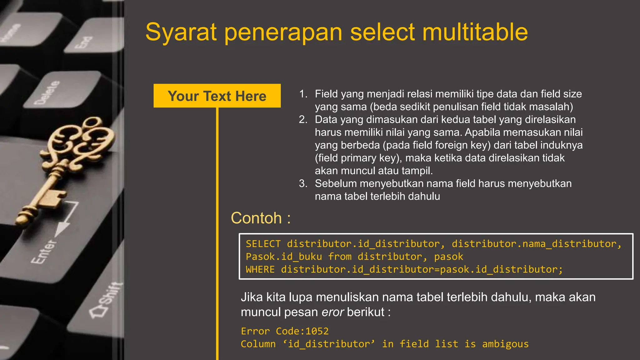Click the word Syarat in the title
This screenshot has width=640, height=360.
pos(181,32)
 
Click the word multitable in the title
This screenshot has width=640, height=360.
pos(475,32)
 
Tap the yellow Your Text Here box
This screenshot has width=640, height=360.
pos(217,96)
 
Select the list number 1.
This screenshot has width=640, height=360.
pos(303,94)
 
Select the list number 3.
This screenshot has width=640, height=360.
pos(303,183)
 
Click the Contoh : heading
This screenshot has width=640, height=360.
pos(261,218)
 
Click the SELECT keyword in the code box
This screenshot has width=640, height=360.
pos(263,244)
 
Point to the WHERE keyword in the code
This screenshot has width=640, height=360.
pos(260,269)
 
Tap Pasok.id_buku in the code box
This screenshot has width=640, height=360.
pos(284,257)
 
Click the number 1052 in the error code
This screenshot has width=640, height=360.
pos(317,331)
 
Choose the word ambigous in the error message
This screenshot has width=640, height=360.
pos(505,344)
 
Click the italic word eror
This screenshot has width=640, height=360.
pos(333,312)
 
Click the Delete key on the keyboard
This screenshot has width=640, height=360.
pos(47,92)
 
